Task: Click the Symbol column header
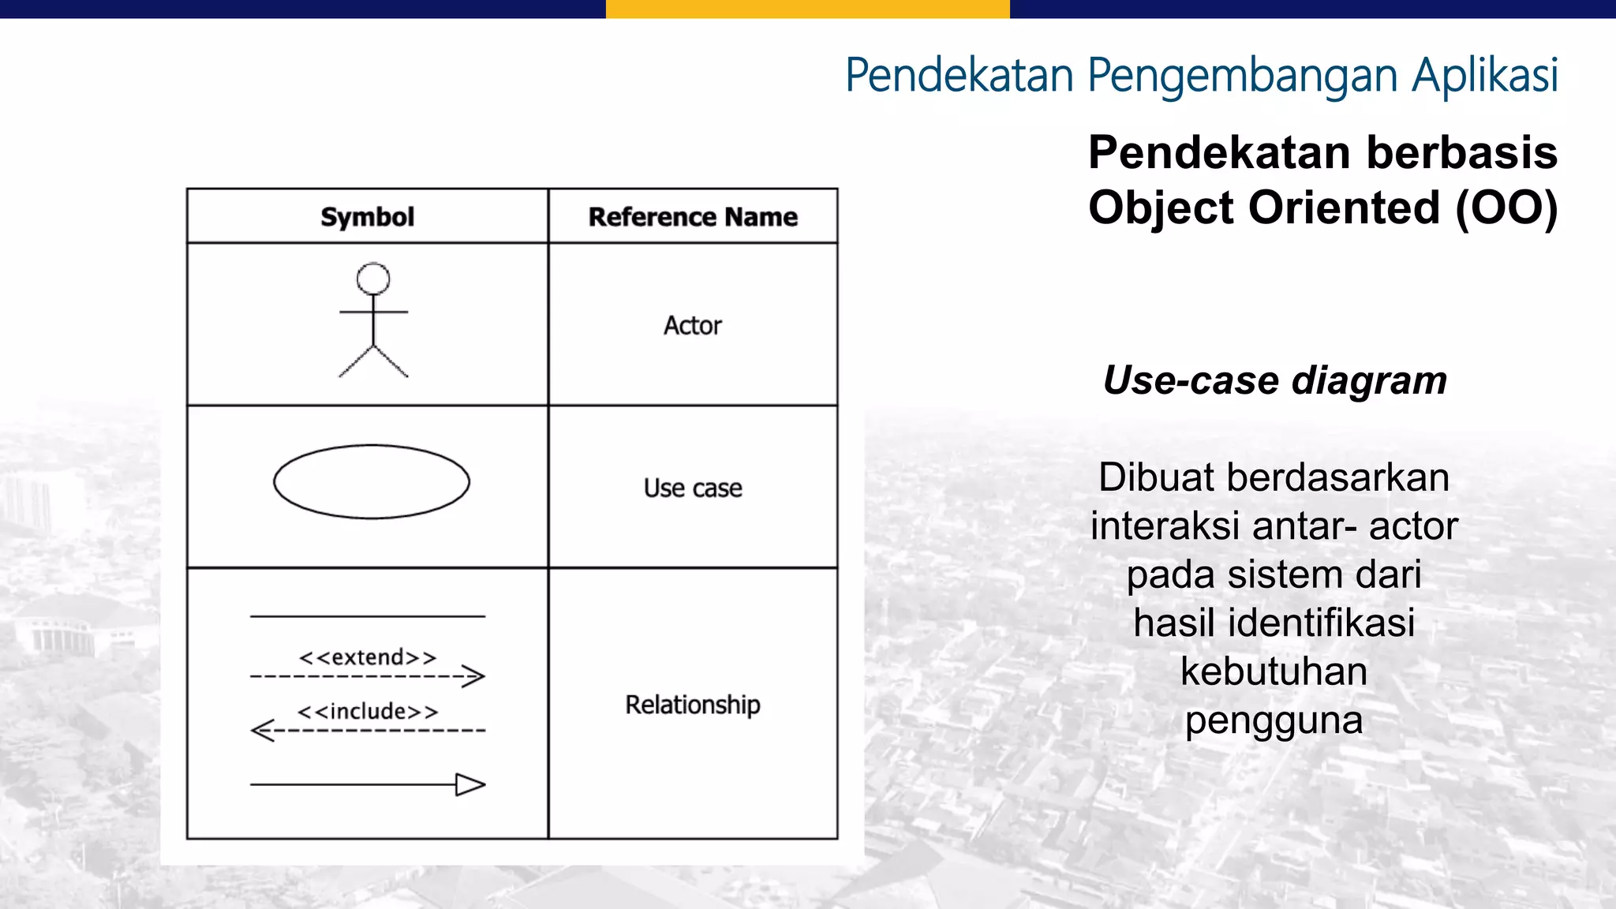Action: point(367,217)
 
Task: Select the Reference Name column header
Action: point(693,217)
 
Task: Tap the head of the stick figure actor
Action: point(373,279)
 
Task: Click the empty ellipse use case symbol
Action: point(372,482)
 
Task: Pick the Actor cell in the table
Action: point(693,325)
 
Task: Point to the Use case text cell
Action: point(693,488)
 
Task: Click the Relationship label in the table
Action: point(693,705)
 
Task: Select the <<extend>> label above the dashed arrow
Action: point(368,657)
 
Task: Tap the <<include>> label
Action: point(368,712)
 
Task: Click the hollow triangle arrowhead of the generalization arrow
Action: point(470,785)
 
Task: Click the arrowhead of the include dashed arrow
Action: point(261,731)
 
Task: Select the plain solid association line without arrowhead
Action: point(368,616)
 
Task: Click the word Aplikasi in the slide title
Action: point(1485,76)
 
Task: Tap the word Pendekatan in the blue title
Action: point(959,76)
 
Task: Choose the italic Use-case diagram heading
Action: point(1274,380)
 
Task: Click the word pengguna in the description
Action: point(1274,720)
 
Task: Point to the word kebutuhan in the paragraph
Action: point(1274,671)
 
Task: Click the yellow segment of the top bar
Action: point(807,9)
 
